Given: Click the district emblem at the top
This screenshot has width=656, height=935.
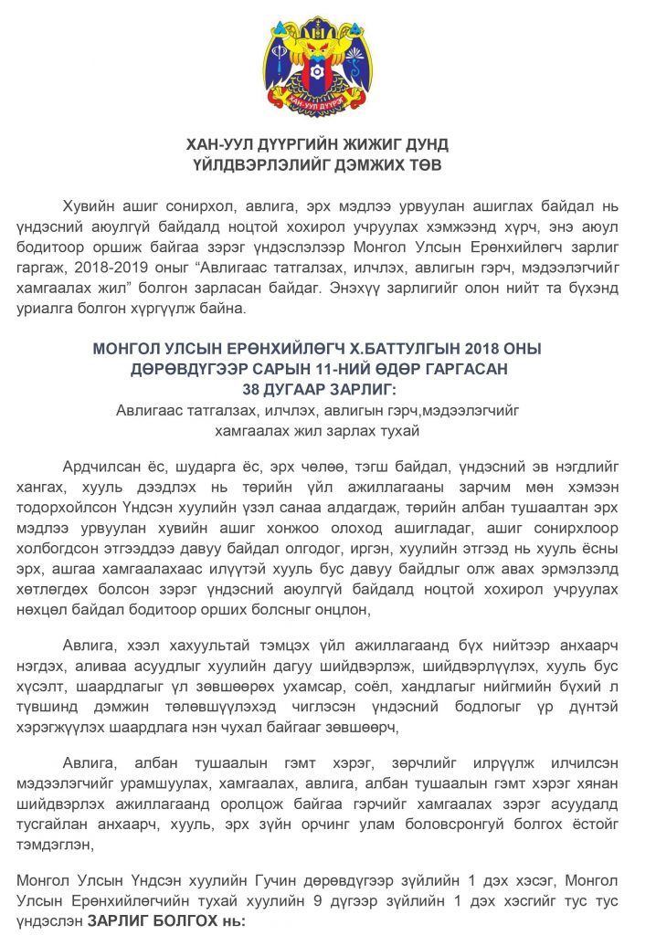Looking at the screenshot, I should pyautogui.click(x=327, y=65).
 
